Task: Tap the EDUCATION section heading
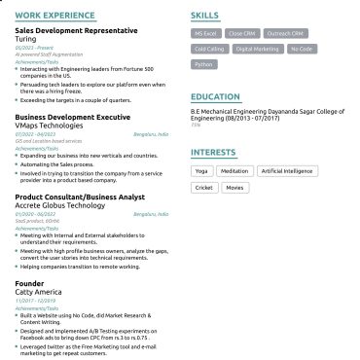click(216, 97)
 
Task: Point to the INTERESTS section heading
click(213, 153)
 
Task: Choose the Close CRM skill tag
click(247, 33)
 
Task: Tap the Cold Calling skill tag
click(210, 48)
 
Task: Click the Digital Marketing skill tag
click(257, 48)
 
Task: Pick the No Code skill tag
click(302, 48)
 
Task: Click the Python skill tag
click(203, 63)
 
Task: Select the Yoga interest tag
click(201, 171)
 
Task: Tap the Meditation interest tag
click(234, 171)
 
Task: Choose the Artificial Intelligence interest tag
click(286, 171)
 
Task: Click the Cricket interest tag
click(204, 187)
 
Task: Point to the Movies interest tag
click(235, 187)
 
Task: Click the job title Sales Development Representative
click(75, 30)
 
